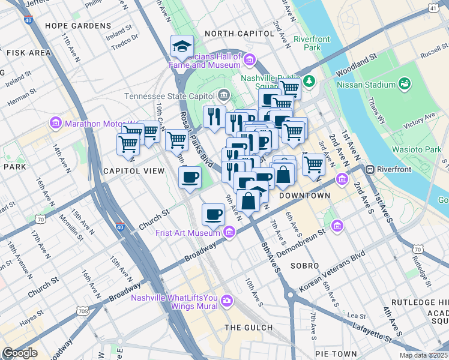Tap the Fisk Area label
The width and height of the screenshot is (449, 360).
click(x=29, y=53)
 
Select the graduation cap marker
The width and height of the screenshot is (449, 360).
click(x=181, y=45)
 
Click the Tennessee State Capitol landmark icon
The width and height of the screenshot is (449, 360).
click(x=224, y=95)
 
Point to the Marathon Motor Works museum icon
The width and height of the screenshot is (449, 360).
click(x=56, y=124)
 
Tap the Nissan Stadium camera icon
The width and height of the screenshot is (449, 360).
click(x=405, y=83)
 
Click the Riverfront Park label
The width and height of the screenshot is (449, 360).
click(x=312, y=43)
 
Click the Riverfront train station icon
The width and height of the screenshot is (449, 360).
click(x=370, y=169)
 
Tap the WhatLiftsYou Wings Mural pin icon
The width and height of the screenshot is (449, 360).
click(x=227, y=300)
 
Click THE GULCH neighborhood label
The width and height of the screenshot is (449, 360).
click(x=249, y=327)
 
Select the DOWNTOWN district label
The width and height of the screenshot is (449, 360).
click(x=304, y=196)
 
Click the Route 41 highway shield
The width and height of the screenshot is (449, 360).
click(x=433, y=8)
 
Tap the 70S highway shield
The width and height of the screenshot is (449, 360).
click(x=82, y=311)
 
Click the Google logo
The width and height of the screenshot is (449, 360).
click(x=20, y=353)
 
